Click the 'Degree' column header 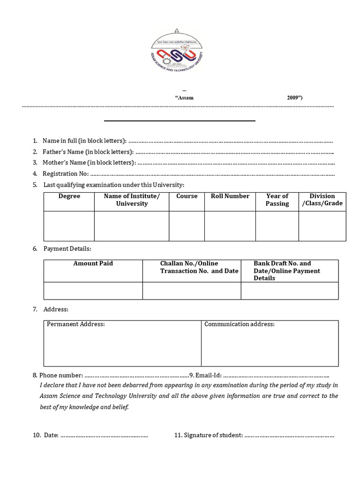pos(69,196)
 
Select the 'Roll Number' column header pos(230,196)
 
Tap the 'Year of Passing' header pos(277,200)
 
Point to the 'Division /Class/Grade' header pos(322,200)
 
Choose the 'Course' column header pos(187,196)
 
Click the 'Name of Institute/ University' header pos(132,200)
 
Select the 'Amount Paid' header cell pos(93,263)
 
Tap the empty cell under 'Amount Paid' pos(93,291)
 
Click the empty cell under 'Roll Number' pos(230,226)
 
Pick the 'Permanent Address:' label pos(76,324)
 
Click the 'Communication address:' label pos(240,324)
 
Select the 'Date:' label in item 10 pos(51,435)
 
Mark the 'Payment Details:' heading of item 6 pos(67,249)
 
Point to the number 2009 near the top pos(294,98)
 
